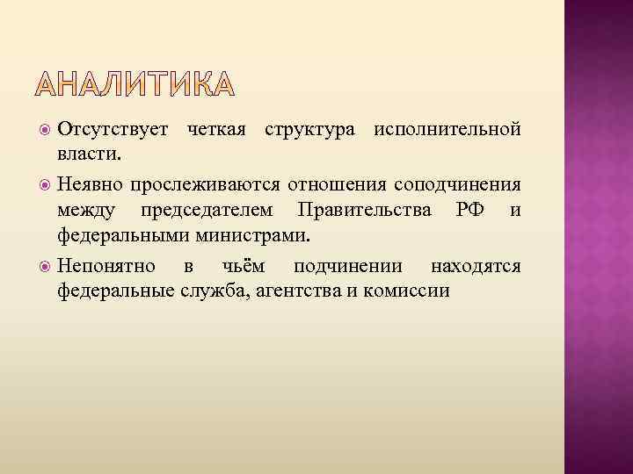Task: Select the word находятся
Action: click(476, 266)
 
